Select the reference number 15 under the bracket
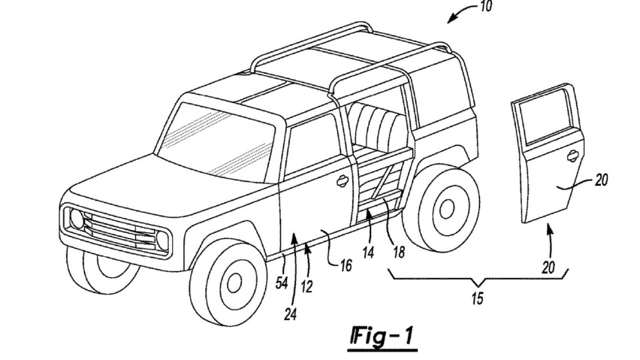[478, 299]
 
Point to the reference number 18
[398, 253]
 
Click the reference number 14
[367, 253]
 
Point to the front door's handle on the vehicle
[342, 180]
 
